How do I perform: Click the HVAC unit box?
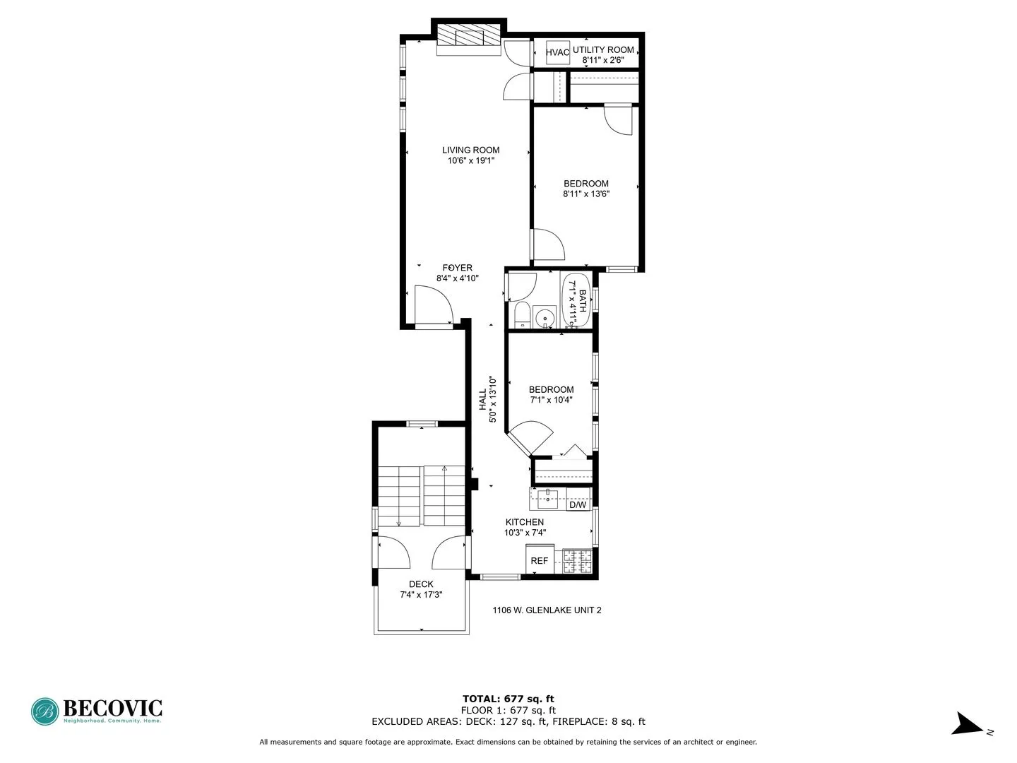[x=557, y=53]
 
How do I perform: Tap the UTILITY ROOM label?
[x=603, y=49]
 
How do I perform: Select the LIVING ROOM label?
[x=470, y=150]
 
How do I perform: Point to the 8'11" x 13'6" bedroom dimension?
[x=586, y=194]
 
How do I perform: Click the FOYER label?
[x=458, y=268]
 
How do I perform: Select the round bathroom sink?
[x=545, y=319]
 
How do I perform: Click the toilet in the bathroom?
[x=522, y=315]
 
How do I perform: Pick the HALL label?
[x=482, y=399]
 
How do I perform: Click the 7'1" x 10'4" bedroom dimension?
[x=551, y=400]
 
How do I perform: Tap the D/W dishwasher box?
[x=578, y=504]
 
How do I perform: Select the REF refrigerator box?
[x=540, y=560]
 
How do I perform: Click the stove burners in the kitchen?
[x=577, y=561]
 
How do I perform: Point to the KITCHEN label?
[x=525, y=522]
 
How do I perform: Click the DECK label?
[x=421, y=584]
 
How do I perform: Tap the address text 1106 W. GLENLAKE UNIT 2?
[x=547, y=610]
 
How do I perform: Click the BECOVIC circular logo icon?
[x=44, y=711]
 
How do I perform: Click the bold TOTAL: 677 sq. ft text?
[x=508, y=699]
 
